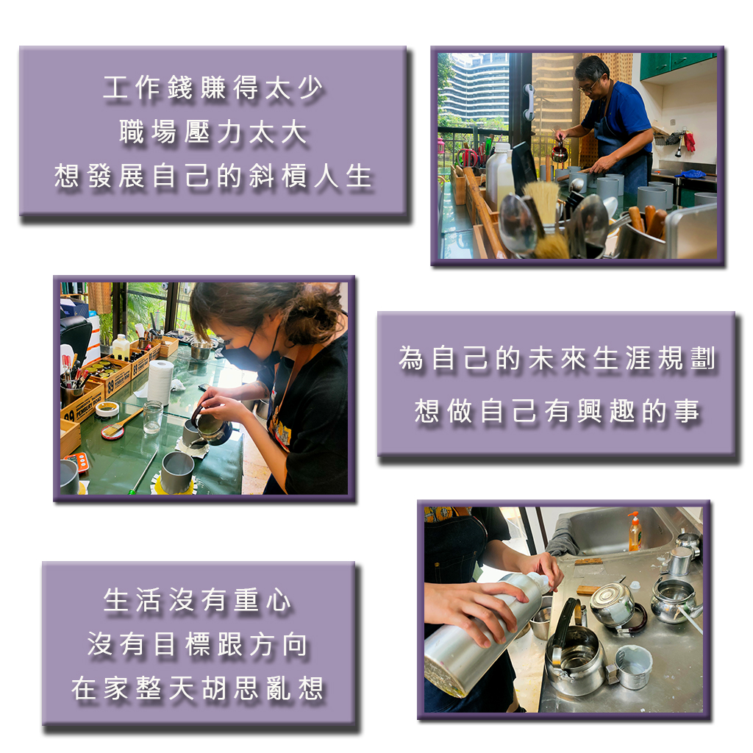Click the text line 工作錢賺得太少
click(x=213, y=88)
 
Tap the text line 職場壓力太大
click(x=213, y=132)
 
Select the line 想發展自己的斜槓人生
click(x=213, y=176)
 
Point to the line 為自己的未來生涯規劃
click(x=557, y=358)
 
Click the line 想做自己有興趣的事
click(x=557, y=412)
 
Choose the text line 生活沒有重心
click(x=197, y=600)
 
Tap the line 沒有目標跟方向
click(x=197, y=644)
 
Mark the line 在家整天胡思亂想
click(x=197, y=688)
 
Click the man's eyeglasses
click(x=589, y=86)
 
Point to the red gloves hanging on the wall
click(x=689, y=142)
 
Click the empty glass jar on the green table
click(x=152, y=416)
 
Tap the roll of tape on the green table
click(x=107, y=409)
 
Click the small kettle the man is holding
click(x=559, y=151)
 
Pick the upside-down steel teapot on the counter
click(x=615, y=606)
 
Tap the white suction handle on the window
click(x=529, y=101)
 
